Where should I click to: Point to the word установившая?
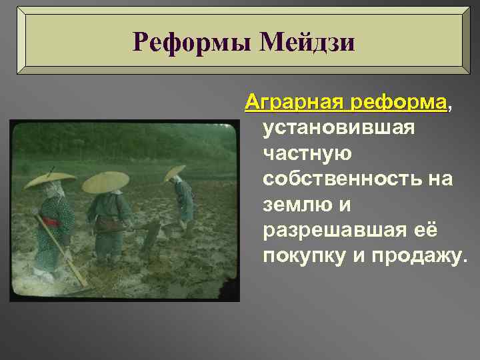click(x=340, y=127)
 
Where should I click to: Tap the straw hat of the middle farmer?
click(x=105, y=181)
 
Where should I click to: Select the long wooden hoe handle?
click(x=61, y=249)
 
